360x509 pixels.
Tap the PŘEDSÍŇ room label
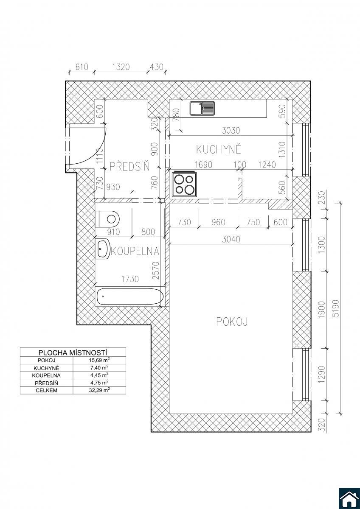(129, 166)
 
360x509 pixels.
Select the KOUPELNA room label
(135, 251)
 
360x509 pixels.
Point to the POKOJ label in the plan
(232, 322)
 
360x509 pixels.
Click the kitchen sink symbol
(202, 108)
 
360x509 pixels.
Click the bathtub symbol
(130, 296)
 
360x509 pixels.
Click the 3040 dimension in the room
(231, 239)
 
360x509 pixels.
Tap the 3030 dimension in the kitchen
(231, 131)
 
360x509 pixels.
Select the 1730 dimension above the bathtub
(130, 279)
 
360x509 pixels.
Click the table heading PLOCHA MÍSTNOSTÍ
(73, 352)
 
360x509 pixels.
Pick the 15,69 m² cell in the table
(99, 360)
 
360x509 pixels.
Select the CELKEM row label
(46, 390)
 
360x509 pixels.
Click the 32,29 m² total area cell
(99, 390)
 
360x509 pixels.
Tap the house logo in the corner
(349, 498)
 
